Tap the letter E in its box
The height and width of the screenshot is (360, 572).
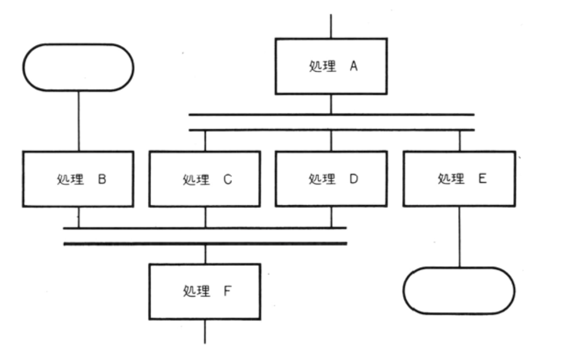click(x=482, y=179)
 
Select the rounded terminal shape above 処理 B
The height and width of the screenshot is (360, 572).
click(x=78, y=67)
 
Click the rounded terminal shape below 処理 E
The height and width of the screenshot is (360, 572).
click(x=459, y=291)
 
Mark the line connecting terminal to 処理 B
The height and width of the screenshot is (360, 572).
click(x=78, y=120)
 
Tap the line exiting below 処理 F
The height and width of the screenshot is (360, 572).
click(x=205, y=332)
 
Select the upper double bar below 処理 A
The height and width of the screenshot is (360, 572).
click(x=331, y=115)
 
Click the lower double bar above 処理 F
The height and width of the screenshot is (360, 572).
click(x=205, y=243)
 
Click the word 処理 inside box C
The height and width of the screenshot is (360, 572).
click(x=197, y=179)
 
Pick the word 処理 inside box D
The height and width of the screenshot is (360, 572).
click(x=322, y=179)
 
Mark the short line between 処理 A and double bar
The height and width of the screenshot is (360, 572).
click(x=331, y=104)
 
